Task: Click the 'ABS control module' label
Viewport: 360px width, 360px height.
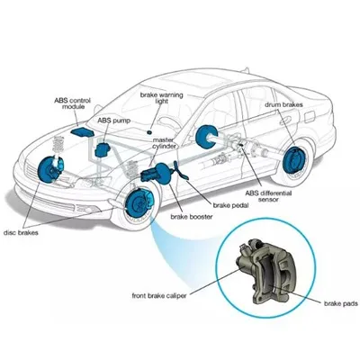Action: point(72,103)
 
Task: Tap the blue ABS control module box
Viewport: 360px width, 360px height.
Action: point(82,132)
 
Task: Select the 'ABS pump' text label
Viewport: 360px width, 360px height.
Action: point(114,121)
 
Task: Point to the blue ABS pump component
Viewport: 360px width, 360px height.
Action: point(102,149)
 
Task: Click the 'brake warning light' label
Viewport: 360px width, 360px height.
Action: point(161,98)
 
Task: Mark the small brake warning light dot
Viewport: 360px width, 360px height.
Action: point(148,132)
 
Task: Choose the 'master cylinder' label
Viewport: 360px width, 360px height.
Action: point(164,143)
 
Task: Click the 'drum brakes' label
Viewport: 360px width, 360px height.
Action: point(283,104)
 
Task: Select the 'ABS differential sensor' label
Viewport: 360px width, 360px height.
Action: point(268,196)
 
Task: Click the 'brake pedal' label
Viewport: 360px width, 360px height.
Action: point(230,205)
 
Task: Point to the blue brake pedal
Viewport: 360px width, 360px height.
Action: point(181,171)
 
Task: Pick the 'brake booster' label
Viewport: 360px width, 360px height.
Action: point(192,217)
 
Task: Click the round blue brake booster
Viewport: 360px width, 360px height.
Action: point(164,173)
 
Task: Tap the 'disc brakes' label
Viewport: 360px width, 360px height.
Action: point(21,232)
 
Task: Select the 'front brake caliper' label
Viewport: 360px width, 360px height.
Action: point(159,295)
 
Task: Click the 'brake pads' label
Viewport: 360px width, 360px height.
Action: point(341,303)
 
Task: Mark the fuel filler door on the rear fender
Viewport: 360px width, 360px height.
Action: point(310,116)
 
